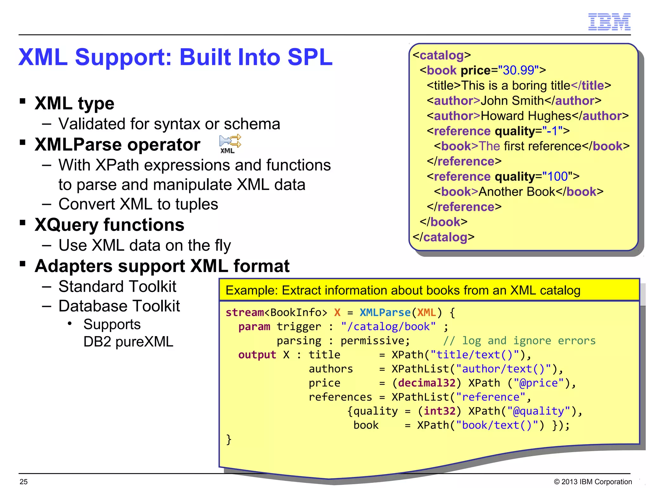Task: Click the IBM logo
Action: click(609, 22)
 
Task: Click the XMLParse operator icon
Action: click(230, 144)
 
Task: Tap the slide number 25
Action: click(23, 482)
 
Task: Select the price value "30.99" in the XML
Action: click(518, 70)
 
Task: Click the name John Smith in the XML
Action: click(512, 101)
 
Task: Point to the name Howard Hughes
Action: click(526, 116)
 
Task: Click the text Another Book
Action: click(517, 192)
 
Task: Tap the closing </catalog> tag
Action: click(443, 237)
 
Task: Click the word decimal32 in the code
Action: click(427, 383)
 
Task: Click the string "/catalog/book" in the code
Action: click(388, 327)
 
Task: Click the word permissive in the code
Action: click(375, 341)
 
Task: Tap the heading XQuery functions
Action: click(109, 225)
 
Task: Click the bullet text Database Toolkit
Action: click(119, 306)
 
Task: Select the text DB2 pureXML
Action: click(128, 342)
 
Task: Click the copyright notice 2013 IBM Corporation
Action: click(593, 482)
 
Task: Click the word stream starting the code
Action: click(244, 312)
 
